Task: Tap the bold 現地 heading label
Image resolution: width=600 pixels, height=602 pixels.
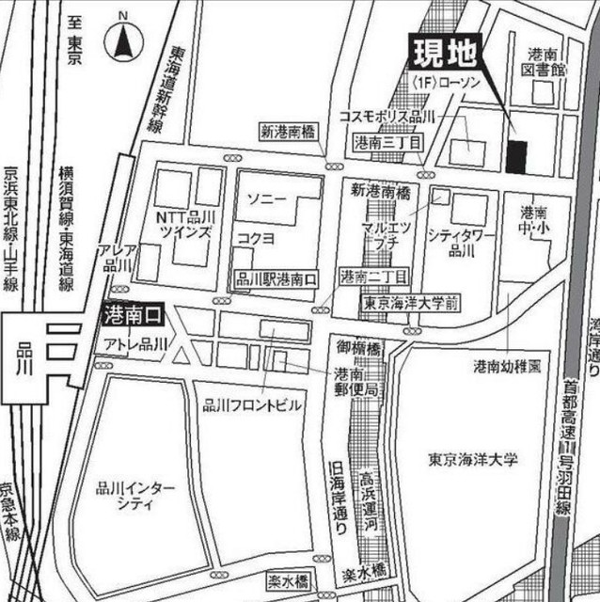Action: click(x=444, y=51)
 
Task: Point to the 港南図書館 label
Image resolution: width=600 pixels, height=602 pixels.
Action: click(x=545, y=62)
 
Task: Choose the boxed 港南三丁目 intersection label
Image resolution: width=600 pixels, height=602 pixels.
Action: click(x=388, y=142)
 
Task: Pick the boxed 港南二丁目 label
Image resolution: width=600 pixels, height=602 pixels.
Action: click(x=372, y=277)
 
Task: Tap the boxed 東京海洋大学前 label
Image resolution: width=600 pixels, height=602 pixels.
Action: click(x=411, y=304)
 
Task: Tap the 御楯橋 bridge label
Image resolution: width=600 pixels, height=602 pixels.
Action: click(x=355, y=349)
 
